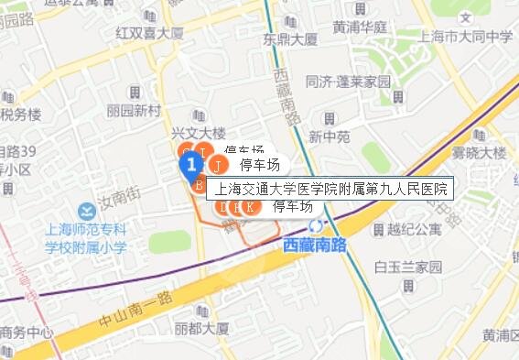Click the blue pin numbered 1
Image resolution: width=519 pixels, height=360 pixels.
click(x=190, y=165)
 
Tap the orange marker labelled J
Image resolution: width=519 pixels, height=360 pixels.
click(x=219, y=166)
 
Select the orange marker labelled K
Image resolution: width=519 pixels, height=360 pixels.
click(x=251, y=207)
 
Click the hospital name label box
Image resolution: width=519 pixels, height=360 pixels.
click(x=332, y=190)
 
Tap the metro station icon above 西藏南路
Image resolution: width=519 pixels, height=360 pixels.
click(x=317, y=225)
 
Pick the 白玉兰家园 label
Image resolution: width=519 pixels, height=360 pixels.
click(x=408, y=267)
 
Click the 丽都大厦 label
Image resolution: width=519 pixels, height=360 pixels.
click(x=201, y=327)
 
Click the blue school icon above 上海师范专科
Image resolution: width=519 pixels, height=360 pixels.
click(x=87, y=211)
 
